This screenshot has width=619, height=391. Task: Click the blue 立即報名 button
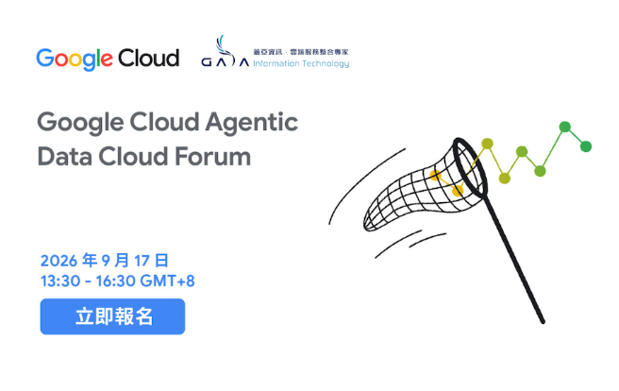coord(112,316)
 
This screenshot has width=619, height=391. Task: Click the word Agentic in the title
coord(251,123)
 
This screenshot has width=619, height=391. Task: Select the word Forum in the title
coord(213,157)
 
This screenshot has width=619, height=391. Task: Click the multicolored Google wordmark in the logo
coord(75,59)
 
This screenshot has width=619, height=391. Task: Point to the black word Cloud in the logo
coord(149,58)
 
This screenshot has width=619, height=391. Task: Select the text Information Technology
coord(301,63)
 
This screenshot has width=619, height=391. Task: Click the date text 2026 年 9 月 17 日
coord(105,261)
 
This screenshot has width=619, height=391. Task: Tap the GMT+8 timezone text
coord(167,281)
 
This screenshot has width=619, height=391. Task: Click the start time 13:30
coord(60,281)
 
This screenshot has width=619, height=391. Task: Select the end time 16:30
coord(116,281)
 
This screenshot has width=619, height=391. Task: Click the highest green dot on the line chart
coord(565,127)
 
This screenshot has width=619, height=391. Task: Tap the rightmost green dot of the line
coord(586,146)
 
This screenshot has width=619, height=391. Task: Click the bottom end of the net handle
coord(543,321)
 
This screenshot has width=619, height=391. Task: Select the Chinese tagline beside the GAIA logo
coord(301,52)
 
